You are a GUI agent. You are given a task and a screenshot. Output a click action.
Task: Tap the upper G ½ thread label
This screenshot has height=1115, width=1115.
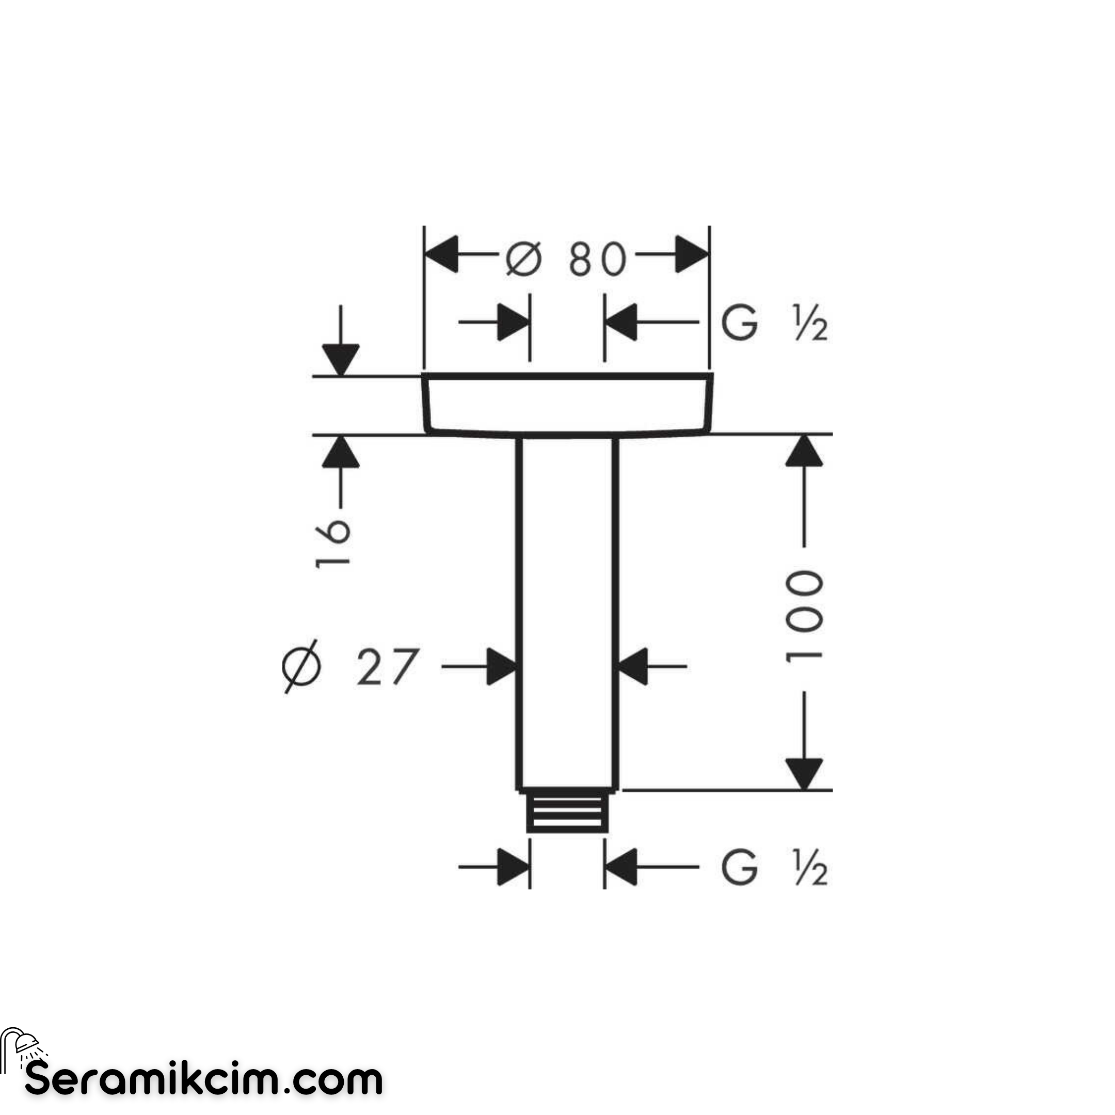[774, 323]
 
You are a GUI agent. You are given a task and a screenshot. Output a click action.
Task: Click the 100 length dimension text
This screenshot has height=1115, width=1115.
[803, 617]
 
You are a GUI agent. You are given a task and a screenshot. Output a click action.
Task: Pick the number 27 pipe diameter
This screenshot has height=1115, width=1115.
[387, 667]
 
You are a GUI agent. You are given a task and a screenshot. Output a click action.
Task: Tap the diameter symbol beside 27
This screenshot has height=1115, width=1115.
[302, 666]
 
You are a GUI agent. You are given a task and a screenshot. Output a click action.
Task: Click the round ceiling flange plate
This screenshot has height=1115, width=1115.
[568, 405]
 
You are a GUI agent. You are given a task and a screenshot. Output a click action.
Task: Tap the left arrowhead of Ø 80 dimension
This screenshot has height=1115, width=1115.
[441, 254]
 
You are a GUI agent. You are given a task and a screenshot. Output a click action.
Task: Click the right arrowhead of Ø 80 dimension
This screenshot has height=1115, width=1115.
[691, 254]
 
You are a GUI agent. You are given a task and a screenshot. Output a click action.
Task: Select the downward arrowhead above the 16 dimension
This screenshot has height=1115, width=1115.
[341, 360]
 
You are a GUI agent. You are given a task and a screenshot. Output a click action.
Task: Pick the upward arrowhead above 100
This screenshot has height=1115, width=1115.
[804, 451]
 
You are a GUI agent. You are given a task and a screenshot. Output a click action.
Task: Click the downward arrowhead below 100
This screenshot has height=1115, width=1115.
[804, 774]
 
